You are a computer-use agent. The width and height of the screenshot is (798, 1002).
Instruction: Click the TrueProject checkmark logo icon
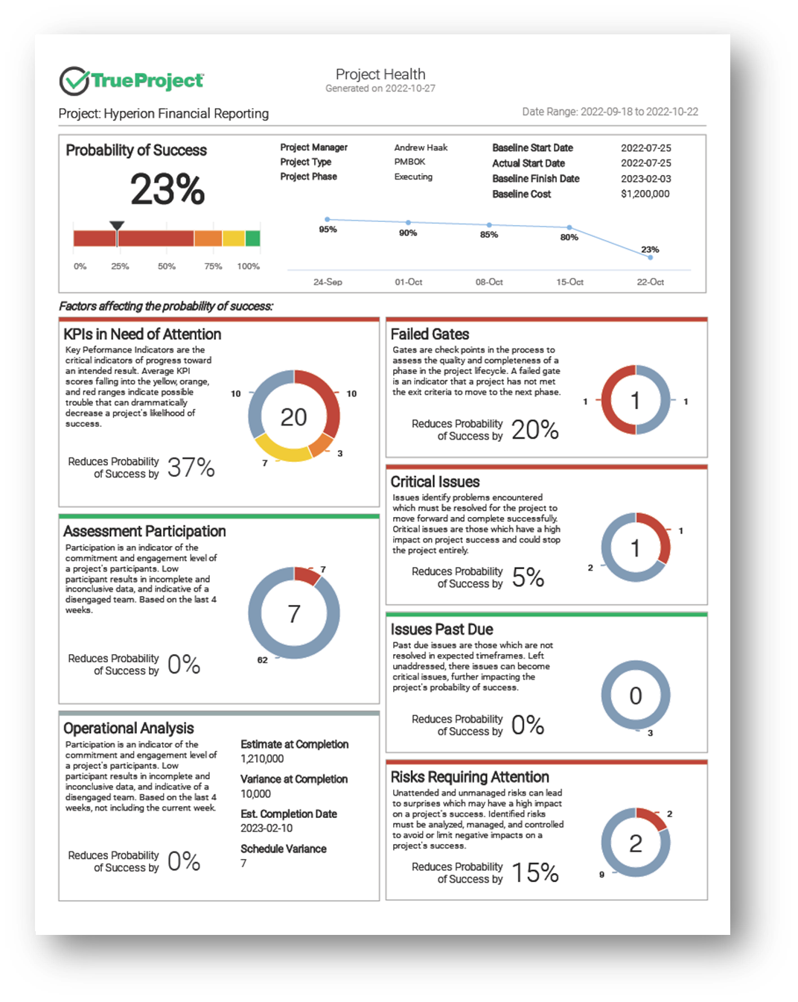point(74,80)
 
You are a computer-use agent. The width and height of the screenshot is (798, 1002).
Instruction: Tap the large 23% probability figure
point(167,188)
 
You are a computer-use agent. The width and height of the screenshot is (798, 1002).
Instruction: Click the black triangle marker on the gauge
point(117,225)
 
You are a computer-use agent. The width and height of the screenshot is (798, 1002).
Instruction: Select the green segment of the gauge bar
point(252,238)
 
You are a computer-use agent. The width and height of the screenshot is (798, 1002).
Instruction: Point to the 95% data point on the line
point(328,219)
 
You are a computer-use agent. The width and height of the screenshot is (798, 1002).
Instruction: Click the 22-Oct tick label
point(650,282)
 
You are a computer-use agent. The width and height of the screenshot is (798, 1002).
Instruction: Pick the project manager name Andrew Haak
point(421,148)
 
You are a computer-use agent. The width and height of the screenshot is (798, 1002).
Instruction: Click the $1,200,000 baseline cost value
point(645,194)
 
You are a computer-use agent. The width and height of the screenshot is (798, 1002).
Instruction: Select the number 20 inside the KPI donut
point(293,416)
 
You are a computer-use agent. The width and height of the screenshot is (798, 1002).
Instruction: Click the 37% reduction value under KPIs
point(191,467)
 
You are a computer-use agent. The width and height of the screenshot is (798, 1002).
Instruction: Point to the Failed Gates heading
point(430,334)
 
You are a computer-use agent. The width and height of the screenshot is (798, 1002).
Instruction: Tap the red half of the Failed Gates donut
point(608,399)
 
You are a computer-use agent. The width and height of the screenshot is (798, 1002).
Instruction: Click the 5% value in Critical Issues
point(528,577)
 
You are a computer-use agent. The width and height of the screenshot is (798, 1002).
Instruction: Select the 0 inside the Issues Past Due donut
point(636,696)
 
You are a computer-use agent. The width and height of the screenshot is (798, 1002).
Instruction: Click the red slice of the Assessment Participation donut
point(307,575)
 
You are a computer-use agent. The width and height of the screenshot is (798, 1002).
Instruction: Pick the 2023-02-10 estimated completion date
point(266,828)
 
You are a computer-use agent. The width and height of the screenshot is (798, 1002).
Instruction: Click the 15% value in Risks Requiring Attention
point(535,872)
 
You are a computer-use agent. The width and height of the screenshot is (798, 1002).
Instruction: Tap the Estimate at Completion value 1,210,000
point(262,759)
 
